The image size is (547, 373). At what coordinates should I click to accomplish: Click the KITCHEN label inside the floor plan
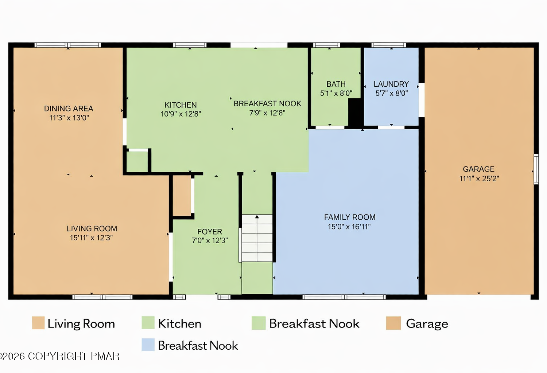(x=181, y=105)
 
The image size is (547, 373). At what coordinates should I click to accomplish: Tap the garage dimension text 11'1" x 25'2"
(x=479, y=178)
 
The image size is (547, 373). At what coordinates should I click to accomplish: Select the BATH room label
(x=336, y=84)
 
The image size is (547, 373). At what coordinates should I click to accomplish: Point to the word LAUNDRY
(x=391, y=84)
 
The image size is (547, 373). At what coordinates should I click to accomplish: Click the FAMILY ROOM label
(x=350, y=217)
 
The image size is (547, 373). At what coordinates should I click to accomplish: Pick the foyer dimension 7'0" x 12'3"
(x=210, y=240)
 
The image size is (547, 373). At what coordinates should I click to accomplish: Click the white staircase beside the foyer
(x=257, y=238)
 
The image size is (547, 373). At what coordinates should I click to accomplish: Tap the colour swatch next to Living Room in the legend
(x=38, y=323)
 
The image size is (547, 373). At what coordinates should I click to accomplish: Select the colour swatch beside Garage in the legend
(x=393, y=323)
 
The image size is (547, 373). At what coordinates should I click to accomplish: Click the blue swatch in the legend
(x=148, y=345)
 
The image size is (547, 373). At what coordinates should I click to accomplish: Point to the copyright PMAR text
(x=59, y=356)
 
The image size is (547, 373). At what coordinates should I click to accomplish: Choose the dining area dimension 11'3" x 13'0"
(x=69, y=118)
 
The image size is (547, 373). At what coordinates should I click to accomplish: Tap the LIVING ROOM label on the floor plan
(x=92, y=229)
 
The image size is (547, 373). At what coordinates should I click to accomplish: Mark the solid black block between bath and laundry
(x=354, y=113)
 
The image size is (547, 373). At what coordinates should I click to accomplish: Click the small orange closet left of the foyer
(x=182, y=195)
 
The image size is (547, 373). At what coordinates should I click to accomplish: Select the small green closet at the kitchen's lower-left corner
(x=137, y=162)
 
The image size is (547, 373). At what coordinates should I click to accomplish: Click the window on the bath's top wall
(x=326, y=45)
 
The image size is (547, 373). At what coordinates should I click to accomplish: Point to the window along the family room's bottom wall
(x=344, y=297)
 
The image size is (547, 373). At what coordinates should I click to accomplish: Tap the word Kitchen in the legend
(x=180, y=323)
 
